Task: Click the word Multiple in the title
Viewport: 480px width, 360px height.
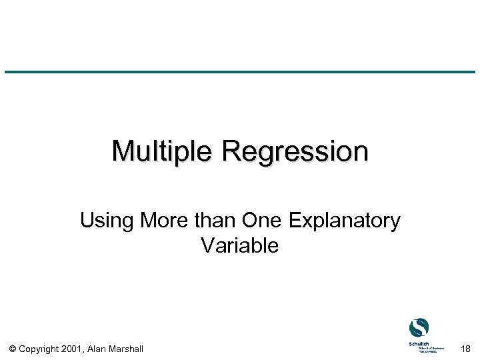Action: click(x=164, y=151)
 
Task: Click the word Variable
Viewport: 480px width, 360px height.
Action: click(x=239, y=246)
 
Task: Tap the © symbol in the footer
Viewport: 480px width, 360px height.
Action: click(x=14, y=349)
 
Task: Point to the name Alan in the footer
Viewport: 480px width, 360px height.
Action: click(x=99, y=349)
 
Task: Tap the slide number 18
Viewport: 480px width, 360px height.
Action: click(x=465, y=349)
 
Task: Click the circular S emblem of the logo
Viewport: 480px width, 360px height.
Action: click(x=419, y=328)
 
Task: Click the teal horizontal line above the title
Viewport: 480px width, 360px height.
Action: click(x=240, y=72)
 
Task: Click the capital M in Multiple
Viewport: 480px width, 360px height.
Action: click(x=123, y=151)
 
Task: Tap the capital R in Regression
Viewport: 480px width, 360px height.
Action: click(x=231, y=151)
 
